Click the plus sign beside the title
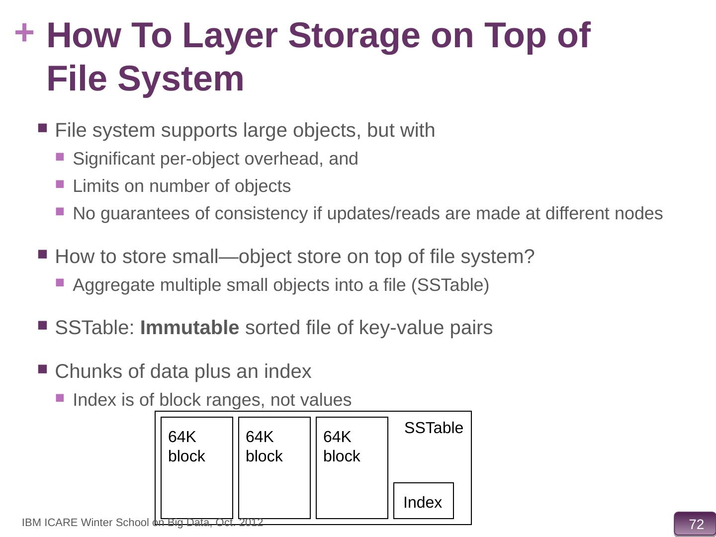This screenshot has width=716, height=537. click(24, 33)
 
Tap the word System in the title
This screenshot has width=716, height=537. click(180, 79)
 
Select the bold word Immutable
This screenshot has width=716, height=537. click(189, 327)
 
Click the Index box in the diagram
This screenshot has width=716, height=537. click(424, 501)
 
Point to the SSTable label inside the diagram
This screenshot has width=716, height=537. click(434, 428)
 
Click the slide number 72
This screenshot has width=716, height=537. click(696, 524)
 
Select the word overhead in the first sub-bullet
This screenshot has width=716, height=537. click(283, 159)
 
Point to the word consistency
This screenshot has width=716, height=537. click(261, 214)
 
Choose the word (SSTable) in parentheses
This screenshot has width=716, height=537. click(450, 285)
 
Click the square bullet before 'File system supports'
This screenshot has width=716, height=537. click(42, 128)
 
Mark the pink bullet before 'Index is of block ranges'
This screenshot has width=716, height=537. click(60, 398)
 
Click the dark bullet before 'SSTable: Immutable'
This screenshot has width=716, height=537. click(42, 325)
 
